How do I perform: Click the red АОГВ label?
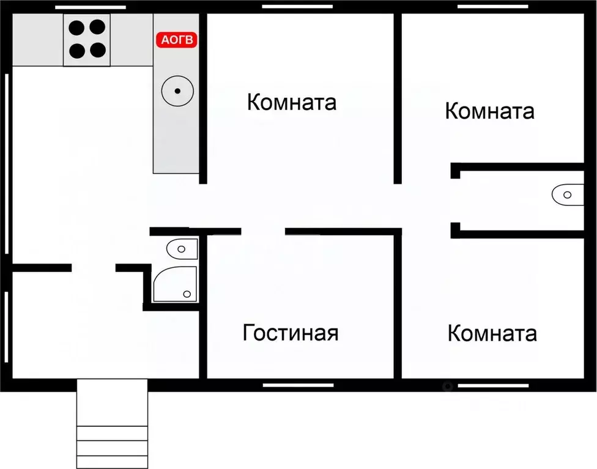(178, 40)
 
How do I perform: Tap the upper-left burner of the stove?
(77, 28)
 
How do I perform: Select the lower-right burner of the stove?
(97, 50)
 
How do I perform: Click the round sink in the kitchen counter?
(177, 91)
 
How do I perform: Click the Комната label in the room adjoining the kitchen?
(292, 102)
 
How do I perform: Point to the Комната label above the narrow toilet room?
(489, 111)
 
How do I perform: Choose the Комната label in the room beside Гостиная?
(492, 333)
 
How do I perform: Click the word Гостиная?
(291, 333)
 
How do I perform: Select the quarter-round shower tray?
(174, 284)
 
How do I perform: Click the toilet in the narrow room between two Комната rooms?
(568, 195)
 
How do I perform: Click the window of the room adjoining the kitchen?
(297, 7)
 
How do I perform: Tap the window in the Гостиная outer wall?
(298, 385)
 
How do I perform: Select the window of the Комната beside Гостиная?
(493, 385)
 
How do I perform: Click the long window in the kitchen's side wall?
(6, 163)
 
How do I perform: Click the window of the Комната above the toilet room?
(493, 7)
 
